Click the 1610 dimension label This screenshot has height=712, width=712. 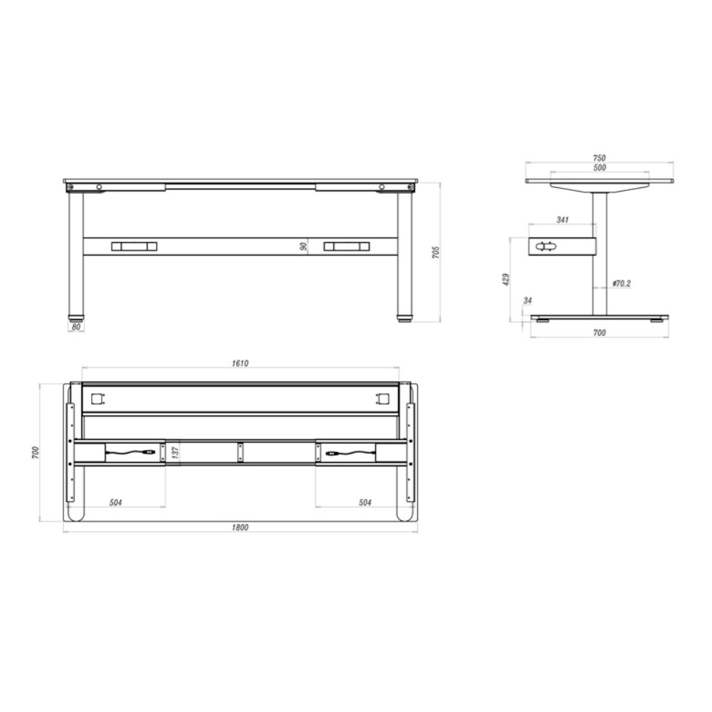pyautogui.click(x=240, y=363)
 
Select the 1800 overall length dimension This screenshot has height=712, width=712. pyautogui.click(x=240, y=528)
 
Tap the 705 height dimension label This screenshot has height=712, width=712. pyautogui.click(x=436, y=253)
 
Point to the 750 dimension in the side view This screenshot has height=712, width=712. pyautogui.click(x=600, y=158)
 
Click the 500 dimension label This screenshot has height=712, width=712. pyautogui.click(x=600, y=167)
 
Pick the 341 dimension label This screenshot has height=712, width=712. pyautogui.click(x=562, y=220)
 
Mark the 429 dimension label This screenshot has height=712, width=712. pyautogui.click(x=506, y=279)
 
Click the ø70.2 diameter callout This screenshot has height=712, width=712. pyautogui.click(x=621, y=284)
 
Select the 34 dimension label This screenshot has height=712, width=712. pyautogui.click(x=527, y=300)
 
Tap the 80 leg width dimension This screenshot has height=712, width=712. pyautogui.click(x=76, y=327)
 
